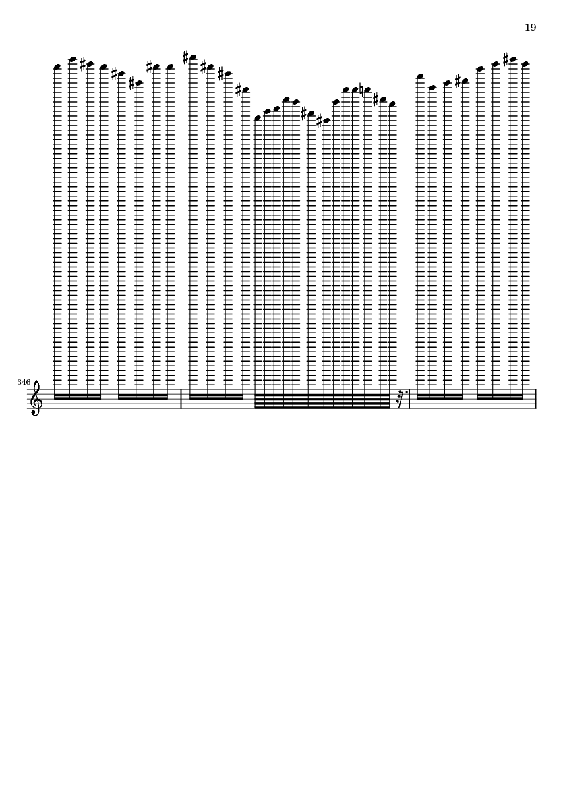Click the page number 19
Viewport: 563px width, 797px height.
point(530,28)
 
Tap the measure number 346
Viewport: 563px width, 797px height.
point(24,382)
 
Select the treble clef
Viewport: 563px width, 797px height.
point(35,399)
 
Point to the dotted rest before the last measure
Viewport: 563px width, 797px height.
point(401,400)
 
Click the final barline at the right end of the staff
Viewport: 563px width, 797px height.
point(535,399)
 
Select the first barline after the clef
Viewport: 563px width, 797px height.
point(181,399)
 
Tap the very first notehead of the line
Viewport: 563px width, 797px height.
point(57,67)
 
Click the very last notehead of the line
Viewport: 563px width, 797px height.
point(525,64)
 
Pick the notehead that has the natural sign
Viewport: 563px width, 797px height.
point(367,90)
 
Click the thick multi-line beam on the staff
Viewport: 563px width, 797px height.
point(322,401)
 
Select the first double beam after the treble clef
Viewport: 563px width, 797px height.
point(77,397)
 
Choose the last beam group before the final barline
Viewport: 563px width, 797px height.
point(500,397)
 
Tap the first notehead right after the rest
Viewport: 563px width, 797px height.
point(420,77)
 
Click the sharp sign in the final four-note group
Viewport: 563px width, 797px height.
point(506,59)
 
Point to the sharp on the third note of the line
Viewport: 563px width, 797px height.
point(83,64)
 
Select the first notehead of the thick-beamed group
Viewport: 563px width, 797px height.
point(258,118)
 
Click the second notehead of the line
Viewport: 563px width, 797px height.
point(73,59)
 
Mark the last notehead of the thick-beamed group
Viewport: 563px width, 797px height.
point(392,104)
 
